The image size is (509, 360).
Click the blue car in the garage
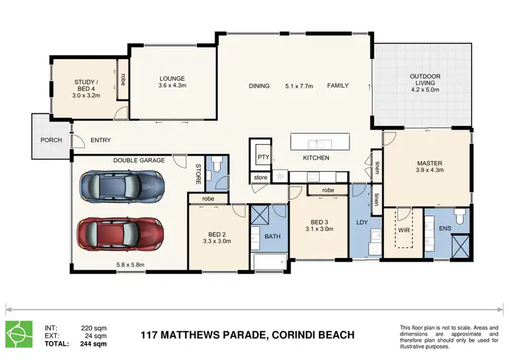pos(121,184)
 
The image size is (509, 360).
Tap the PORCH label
pos(52,141)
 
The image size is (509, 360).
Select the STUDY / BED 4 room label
pos(87,87)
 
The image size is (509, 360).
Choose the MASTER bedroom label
pos(429,164)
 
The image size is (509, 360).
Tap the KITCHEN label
pos(316,158)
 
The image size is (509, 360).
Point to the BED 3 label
pos(320,222)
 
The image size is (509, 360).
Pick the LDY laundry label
pos(361,222)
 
